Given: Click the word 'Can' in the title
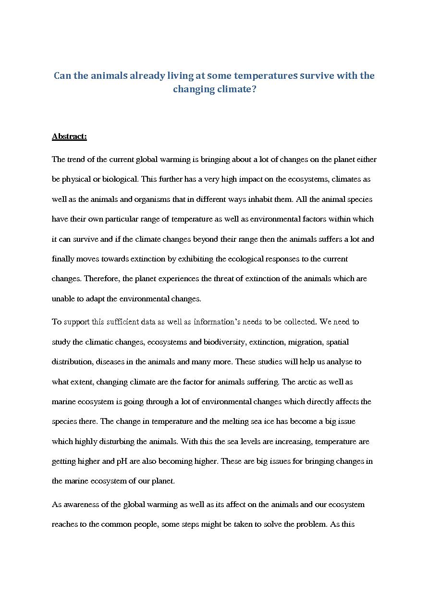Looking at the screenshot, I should coord(61,76).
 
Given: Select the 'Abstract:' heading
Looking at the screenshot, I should coord(69,136).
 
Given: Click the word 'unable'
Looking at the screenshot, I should coord(62,299).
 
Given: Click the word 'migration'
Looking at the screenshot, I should coord(305,342).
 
